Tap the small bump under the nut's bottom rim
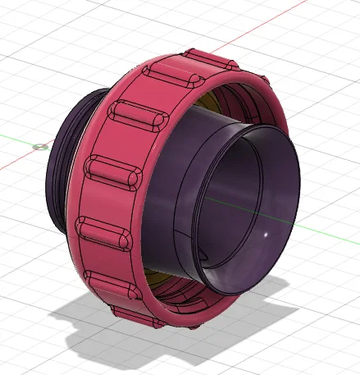(x=194, y=326)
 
